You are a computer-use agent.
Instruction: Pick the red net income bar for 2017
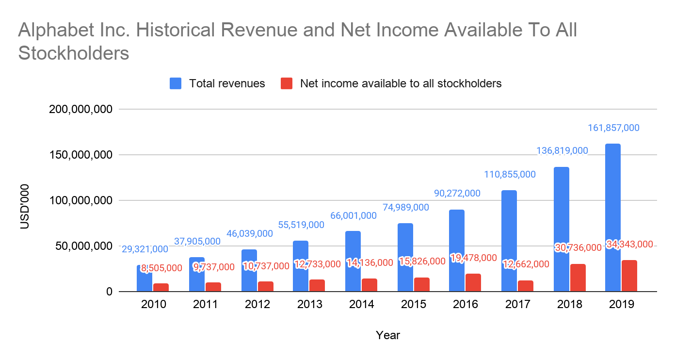(x=525, y=286)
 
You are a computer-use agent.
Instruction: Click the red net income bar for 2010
(x=161, y=287)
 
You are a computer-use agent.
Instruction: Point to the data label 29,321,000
(x=145, y=249)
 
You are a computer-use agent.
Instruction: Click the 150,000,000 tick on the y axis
(x=81, y=155)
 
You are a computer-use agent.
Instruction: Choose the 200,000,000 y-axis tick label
(x=81, y=110)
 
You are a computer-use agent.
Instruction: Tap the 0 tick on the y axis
(x=110, y=292)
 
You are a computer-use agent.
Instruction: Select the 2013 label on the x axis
(x=310, y=305)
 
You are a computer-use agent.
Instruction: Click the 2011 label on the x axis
(x=206, y=305)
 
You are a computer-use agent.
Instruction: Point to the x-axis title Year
(x=388, y=335)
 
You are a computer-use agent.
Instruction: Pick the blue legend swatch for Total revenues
(x=176, y=83)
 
